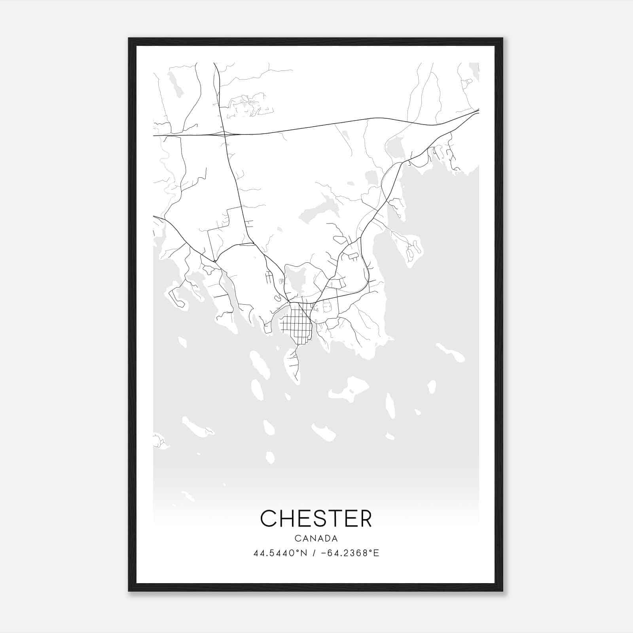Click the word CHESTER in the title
pyautogui.click(x=316, y=518)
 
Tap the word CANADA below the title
pyautogui.click(x=316, y=538)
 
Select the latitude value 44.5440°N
pyautogui.click(x=280, y=553)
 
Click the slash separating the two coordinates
pyautogui.click(x=314, y=553)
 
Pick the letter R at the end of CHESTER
pyautogui.click(x=366, y=518)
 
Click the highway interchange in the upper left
pyautogui.click(x=224, y=134)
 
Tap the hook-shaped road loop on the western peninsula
pyautogui.click(x=176, y=299)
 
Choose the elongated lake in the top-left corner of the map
pyautogui.click(x=175, y=85)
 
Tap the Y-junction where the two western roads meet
pyautogui.click(x=215, y=261)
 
